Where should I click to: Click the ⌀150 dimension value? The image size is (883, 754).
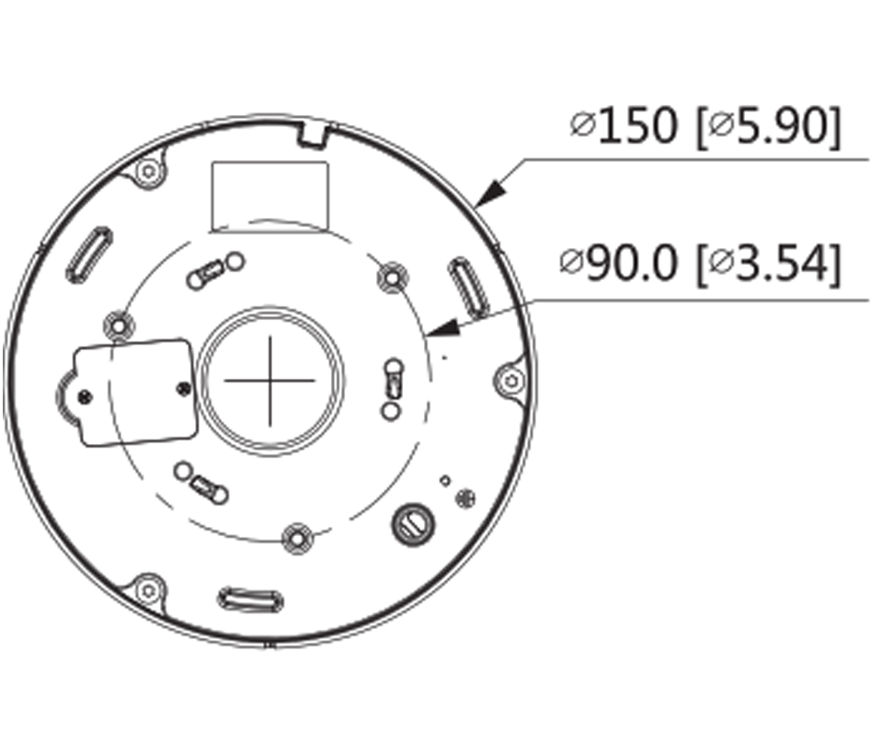coord(624,125)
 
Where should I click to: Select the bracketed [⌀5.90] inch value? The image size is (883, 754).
coord(768,125)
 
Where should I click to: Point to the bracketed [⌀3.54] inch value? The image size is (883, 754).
coord(768,265)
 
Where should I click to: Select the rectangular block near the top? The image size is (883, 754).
coord(269,194)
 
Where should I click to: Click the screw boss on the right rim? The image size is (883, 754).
coord(510,379)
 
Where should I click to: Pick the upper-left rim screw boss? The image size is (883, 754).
coord(147,171)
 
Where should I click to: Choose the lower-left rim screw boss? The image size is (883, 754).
coord(146,588)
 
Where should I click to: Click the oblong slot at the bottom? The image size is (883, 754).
coord(250,600)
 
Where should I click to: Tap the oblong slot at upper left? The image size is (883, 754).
coord(89,254)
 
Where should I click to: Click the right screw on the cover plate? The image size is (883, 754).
coord(182,388)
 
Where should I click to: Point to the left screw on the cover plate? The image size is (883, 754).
coord(85,395)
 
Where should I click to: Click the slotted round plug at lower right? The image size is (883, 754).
coord(411,523)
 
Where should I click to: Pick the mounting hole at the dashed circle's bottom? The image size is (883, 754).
coord(296,538)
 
